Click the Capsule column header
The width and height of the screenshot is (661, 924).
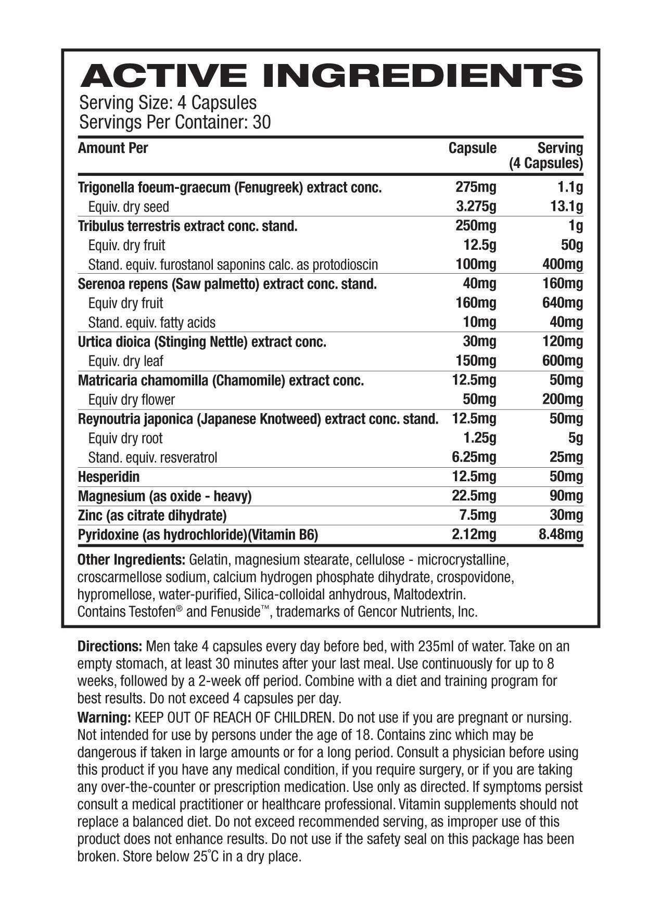tap(472, 148)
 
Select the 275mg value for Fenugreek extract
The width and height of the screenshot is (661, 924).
tap(475, 187)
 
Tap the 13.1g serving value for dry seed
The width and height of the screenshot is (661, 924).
tap(566, 207)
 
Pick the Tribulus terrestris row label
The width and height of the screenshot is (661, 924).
tap(187, 226)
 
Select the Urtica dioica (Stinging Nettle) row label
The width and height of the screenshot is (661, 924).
tap(202, 342)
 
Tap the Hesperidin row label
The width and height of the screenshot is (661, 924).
tap(108, 477)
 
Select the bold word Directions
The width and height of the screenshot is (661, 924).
tap(109, 647)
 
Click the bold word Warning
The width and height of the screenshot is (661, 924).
tap(104, 718)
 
